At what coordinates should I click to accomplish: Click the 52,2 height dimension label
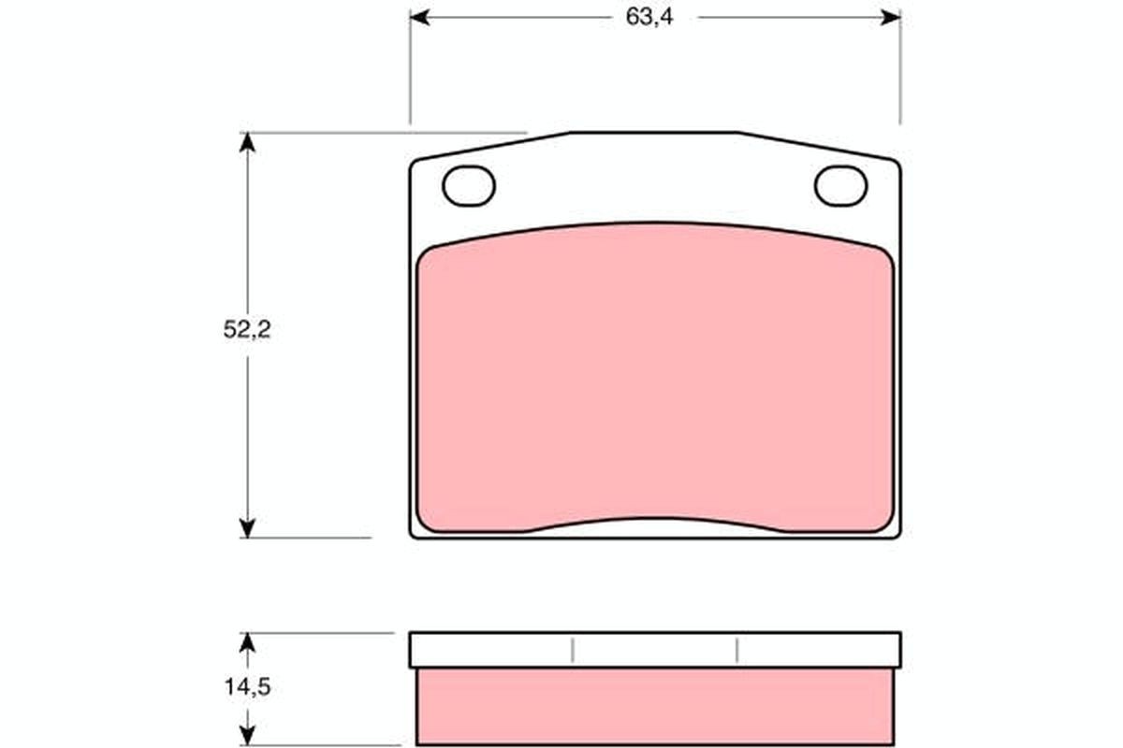click(247, 330)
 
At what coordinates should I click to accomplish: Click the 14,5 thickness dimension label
click(247, 686)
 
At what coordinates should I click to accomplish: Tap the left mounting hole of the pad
click(468, 186)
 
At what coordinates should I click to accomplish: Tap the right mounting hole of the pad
click(840, 185)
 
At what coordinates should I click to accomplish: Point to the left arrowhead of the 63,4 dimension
click(419, 18)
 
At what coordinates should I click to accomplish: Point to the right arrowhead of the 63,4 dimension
click(891, 18)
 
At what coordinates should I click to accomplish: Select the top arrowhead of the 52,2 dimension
click(247, 141)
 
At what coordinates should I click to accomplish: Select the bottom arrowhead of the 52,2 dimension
click(247, 528)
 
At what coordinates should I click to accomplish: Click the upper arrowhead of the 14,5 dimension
click(247, 642)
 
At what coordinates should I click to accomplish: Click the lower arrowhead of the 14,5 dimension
click(247, 736)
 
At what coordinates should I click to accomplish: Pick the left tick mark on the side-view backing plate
click(572, 650)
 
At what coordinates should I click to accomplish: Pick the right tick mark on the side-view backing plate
click(737, 650)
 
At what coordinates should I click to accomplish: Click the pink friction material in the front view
click(655, 374)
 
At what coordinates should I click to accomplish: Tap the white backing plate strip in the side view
click(655, 650)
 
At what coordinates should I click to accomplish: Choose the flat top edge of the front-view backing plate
click(655, 133)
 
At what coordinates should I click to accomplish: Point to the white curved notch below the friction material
click(655, 527)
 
